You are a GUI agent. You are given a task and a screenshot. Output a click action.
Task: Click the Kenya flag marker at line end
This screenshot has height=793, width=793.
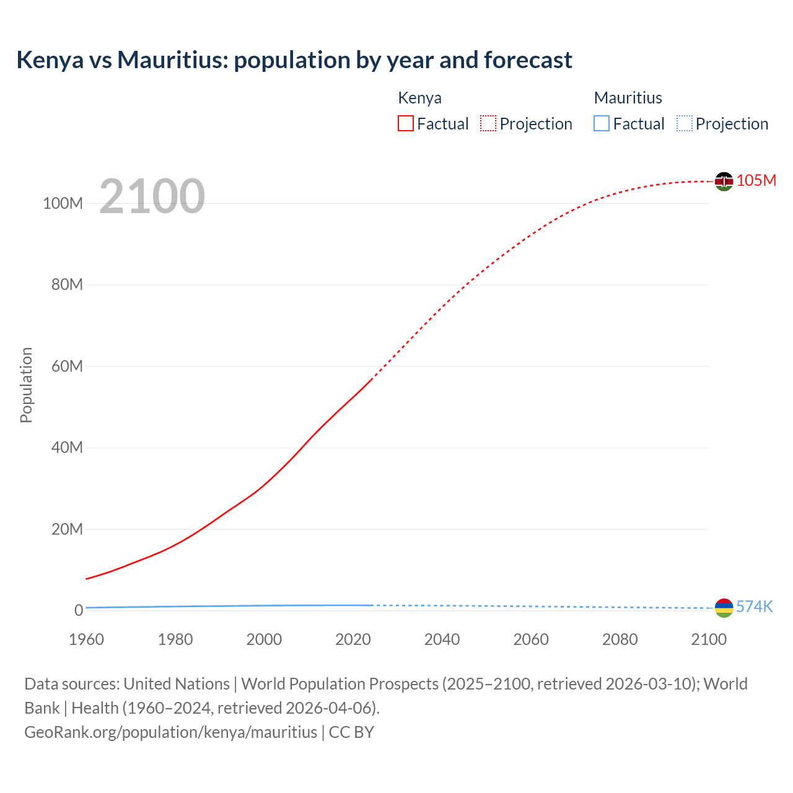(724, 181)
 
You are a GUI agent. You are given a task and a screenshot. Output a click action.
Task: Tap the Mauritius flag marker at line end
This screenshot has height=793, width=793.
(724, 608)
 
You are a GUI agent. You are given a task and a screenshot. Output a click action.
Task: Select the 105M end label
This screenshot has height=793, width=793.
(756, 180)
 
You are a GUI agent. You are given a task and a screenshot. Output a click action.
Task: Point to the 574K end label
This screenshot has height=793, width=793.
(755, 607)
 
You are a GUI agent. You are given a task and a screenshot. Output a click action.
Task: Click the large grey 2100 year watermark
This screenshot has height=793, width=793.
(152, 196)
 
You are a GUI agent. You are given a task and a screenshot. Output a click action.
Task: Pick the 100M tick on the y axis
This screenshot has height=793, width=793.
(63, 203)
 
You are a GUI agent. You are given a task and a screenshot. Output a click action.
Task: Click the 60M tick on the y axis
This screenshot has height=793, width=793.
(67, 366)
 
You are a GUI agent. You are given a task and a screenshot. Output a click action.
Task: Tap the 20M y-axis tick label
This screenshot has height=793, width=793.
(67, 529)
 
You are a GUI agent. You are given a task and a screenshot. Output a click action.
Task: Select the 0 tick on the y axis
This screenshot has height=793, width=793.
(79, 610)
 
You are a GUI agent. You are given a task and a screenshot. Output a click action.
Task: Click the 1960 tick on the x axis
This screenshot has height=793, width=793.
(86, 639)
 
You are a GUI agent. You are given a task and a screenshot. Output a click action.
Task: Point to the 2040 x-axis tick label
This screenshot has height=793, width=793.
(442, 639)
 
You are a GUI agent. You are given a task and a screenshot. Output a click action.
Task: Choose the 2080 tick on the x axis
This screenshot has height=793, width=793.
(620, 639)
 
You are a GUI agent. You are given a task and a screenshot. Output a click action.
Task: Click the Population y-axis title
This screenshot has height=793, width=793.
(26, 385)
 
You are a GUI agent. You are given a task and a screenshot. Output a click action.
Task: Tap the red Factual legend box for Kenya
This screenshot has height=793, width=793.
(406, 123)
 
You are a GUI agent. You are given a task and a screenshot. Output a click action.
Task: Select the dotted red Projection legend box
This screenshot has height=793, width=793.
(488, 123)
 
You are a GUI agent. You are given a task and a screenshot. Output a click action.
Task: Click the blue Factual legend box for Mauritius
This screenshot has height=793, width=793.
(602, 123)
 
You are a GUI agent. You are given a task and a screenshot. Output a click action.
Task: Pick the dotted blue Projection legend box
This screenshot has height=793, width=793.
(685, 123)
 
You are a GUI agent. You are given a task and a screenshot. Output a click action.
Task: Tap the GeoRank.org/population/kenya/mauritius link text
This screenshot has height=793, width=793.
(170, 732)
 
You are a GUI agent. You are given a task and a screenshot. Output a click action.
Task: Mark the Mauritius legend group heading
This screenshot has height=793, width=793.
(628, 98)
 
